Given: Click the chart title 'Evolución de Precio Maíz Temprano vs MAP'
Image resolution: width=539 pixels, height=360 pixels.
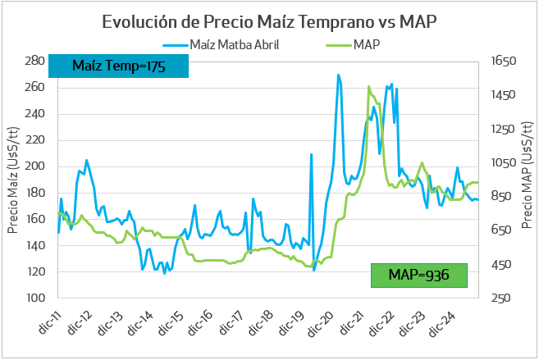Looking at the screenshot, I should [269, 21].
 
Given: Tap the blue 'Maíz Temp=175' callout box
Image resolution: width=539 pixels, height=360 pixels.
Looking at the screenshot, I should [119, 66].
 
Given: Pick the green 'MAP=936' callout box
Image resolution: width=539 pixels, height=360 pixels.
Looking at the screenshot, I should [418, 275].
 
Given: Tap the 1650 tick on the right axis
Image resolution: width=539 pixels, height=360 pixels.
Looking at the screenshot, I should [502, 61].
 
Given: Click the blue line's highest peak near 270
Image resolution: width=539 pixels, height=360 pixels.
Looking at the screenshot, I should [338, 75].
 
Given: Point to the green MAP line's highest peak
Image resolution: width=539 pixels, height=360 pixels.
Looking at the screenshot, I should [368, 86].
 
